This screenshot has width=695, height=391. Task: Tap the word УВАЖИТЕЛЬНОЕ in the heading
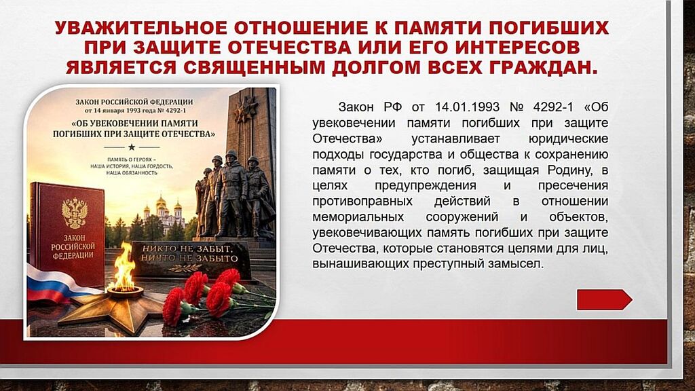(x=141, y=28)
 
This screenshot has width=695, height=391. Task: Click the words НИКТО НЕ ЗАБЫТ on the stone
(x=187, y=248)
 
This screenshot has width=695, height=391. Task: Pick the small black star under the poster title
(x=131, y=147)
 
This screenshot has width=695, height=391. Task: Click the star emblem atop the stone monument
(x=246, y=109)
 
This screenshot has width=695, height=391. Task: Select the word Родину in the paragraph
(x=569, y=170)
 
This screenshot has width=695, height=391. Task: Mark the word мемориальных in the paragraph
(x=358, y=217)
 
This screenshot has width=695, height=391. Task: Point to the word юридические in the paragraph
(x=568, y=139)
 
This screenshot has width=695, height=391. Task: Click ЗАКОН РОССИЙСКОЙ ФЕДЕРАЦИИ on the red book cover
(x=73, y=246)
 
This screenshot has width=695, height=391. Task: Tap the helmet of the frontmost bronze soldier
(x=231, y=155)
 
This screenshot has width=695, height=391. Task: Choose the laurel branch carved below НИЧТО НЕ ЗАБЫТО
(x=186, y=267)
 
